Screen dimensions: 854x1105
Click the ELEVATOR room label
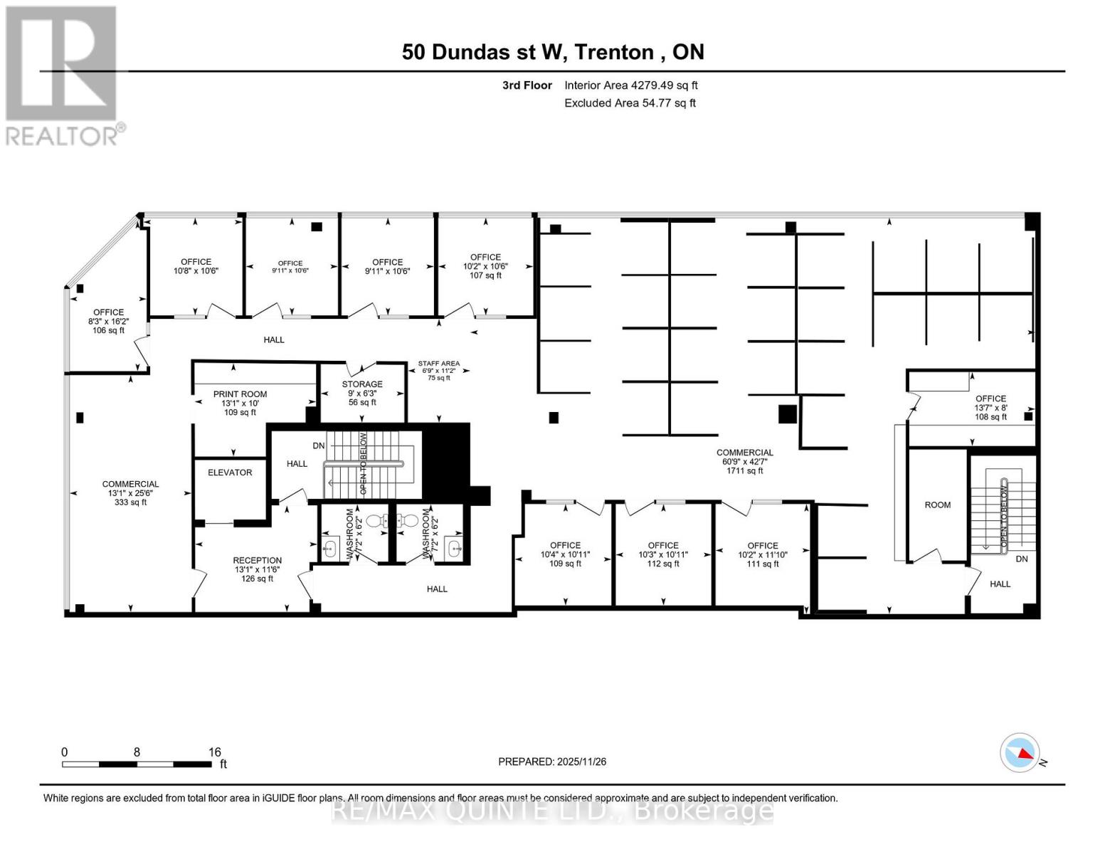tap(230, 473)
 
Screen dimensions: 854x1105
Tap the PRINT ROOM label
tap(240, 394)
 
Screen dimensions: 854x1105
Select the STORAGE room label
tap(362, 384)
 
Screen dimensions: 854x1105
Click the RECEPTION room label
tap(257, 561)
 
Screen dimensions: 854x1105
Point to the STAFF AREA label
tap(438, 364)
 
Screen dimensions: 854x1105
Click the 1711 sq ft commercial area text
tap(744, 470)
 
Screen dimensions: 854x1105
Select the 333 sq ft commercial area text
tap(130, 502)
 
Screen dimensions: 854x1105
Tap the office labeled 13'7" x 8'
tap(990, 408)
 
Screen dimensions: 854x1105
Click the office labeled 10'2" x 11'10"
tap(763, 554)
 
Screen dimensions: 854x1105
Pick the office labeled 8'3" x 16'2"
tap(108, 321)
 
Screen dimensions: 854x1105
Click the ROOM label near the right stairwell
tap(937, 505)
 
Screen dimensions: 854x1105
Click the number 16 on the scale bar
tap(214, 752)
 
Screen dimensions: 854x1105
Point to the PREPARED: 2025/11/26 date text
tap(552, 761)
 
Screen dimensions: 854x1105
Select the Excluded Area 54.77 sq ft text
tap(630, 103)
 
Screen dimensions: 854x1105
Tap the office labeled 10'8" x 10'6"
tap(196, 266)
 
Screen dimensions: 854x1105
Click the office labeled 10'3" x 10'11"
tap(663, 554)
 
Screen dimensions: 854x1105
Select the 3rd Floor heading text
tap(527, 85)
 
